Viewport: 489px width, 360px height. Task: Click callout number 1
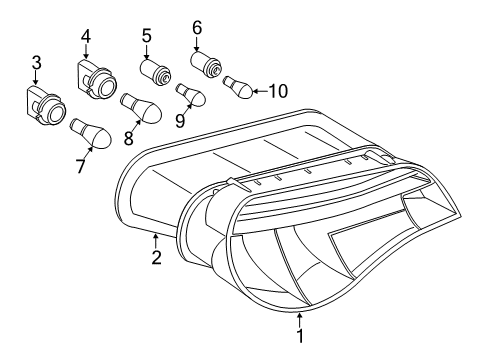[300, 336]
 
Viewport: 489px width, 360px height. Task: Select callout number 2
[156, 257]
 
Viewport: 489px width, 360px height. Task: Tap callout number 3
[36, 63]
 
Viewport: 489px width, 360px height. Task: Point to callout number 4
[86, 36]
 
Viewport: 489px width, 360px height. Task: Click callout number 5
[146, 36]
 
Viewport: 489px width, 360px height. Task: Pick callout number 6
[197, 28]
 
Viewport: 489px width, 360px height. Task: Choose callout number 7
[80, 166]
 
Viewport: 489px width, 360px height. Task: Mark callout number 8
[129, 138]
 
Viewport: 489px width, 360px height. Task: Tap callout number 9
[180, 120]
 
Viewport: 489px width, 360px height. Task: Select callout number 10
[278, 91]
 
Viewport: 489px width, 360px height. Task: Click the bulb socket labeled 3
[46, 106]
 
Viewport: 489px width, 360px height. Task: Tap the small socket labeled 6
[206, 64]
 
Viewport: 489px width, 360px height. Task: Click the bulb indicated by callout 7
[91, 133]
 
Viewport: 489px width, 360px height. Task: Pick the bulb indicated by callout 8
[141, 108]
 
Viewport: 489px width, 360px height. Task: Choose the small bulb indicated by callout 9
[191, 95]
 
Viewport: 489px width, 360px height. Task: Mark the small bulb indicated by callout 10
[239, 87]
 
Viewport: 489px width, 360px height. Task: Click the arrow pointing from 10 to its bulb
[261, 91]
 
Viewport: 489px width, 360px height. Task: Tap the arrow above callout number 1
[300, 320]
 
